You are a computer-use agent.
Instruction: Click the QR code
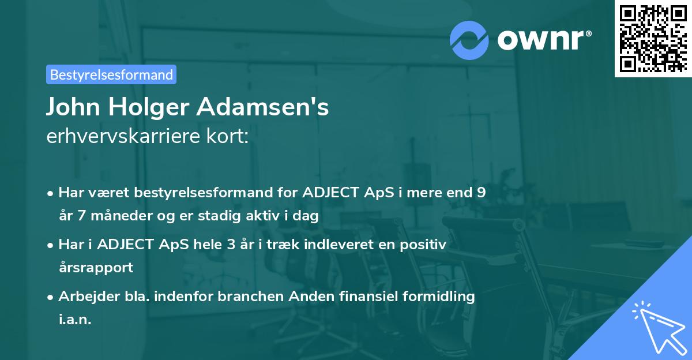point(652,39)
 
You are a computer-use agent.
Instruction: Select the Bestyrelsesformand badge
point(111,74)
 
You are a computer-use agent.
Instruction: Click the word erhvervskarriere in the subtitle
point(124,137)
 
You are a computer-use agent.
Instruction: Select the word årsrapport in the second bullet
point(96,268)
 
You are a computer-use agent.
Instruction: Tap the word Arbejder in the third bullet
point(86,297)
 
